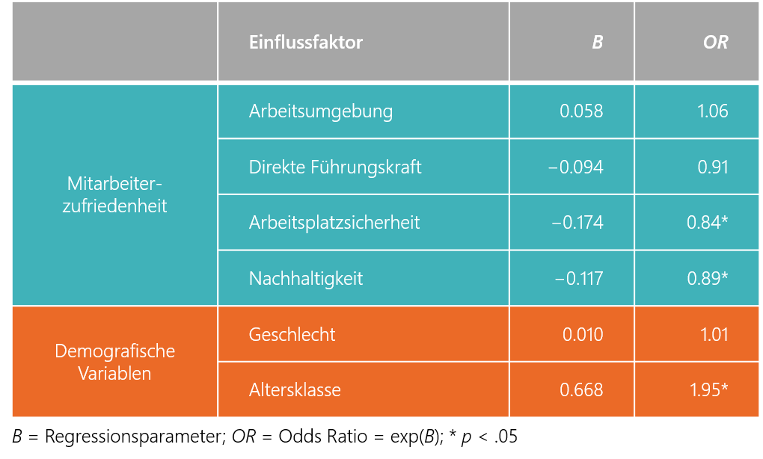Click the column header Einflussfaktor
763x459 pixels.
point(305,43)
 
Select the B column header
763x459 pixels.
point(597,43)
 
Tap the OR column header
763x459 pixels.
point(715,43)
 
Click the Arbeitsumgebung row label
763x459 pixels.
point(320,111)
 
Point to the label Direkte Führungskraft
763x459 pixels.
point(335,167)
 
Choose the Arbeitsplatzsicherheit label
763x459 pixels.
point(334,222)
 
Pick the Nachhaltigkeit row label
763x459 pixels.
point(305,279)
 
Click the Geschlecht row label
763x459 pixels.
point(292,334)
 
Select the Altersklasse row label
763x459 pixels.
point(295,389)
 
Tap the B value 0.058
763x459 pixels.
point(581,111)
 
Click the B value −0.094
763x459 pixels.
point(575,167)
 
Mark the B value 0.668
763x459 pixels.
point(581,389)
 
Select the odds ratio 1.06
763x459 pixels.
point(712,111)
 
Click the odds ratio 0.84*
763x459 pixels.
point(707,222)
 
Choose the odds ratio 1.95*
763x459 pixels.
point(707,389)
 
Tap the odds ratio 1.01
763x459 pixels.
point(714,334)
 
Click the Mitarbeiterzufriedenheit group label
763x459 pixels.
point(115,194)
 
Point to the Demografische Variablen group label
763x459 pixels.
point(115,362)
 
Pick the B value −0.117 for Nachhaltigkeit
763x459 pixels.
point(578,279)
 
